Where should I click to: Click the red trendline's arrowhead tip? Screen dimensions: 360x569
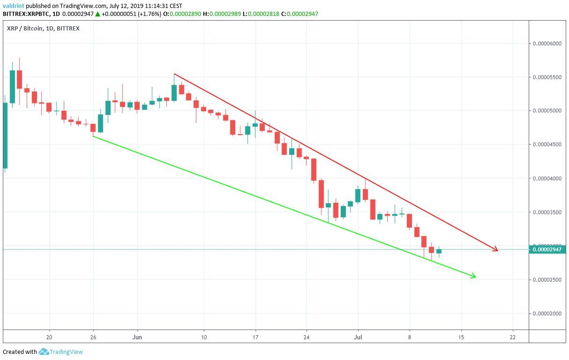coord(497,250)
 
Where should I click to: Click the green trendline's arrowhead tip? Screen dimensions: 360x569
coord(475,276)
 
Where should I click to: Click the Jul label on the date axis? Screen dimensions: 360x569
coord(358,337)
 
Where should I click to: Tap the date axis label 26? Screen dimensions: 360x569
coord(93,337)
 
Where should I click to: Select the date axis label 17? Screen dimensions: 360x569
coord(255,337)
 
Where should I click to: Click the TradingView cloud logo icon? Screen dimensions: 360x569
coord(44,352)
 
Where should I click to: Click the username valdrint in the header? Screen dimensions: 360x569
coord(13,6)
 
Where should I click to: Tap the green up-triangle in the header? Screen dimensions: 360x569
coord(97,14)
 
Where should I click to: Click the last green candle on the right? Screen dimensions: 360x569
coord(439,252)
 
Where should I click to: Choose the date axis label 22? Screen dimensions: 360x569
coord(512,337)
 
